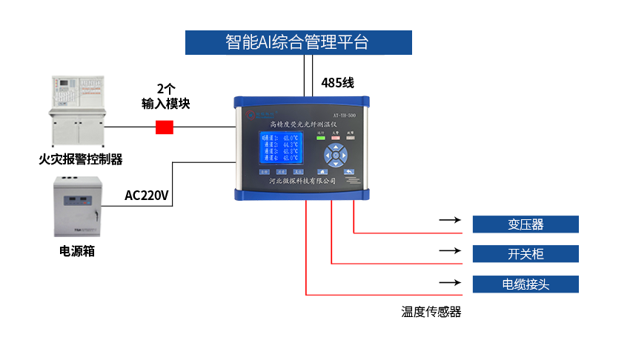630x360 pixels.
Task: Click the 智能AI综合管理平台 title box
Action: pos(298,42)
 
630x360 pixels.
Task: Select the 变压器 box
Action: pos(525,224)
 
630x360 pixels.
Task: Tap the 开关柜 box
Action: pos(525,254)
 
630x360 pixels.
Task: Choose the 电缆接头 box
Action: pos(525,284)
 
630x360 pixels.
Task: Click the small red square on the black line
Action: pos(164,127)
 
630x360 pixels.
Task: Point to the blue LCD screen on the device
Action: pos(279,147)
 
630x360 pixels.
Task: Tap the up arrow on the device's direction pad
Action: pos(336,146)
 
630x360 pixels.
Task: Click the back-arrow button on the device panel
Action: pos(348,172)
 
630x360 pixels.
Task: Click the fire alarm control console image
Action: pos(78,111)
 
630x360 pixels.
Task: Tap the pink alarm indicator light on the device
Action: pos(336,137)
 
